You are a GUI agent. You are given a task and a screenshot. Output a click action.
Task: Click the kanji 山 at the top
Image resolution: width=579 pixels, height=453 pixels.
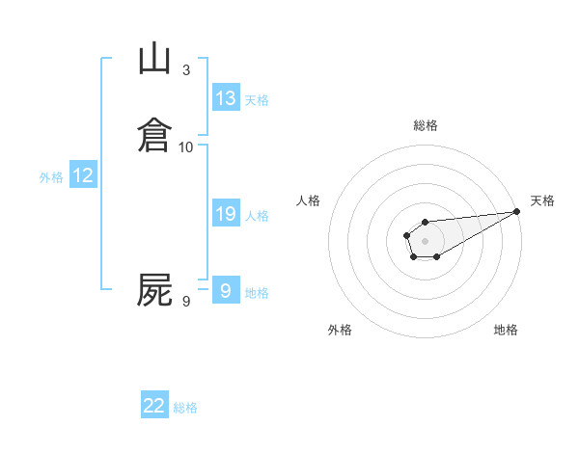point(154,60)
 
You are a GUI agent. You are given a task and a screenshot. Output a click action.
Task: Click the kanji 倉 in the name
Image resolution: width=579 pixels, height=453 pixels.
point(154,135)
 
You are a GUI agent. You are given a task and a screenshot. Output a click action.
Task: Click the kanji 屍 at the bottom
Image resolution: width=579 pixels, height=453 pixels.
point(154,290)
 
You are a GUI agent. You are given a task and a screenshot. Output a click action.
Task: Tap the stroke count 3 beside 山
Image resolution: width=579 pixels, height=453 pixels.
point(186,70)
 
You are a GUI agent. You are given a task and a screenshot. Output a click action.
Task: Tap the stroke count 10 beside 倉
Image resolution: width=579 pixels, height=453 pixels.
point(186,147)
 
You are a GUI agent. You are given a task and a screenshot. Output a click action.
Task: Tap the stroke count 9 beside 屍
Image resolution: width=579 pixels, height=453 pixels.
point(186,303)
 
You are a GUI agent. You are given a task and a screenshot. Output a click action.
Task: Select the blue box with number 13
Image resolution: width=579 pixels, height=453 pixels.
point(226,98)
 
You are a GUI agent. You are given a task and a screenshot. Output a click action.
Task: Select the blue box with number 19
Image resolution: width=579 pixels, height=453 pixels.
point(226,214)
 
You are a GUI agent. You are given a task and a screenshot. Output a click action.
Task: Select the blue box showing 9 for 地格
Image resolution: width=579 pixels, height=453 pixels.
point(226,291)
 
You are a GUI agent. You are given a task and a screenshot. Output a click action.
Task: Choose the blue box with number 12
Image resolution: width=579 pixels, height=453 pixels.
point(83,175)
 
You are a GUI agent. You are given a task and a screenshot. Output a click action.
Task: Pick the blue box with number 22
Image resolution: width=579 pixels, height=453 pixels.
point(154,406)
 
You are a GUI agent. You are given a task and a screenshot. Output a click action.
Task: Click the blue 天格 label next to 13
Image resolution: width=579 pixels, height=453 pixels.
point(256,100)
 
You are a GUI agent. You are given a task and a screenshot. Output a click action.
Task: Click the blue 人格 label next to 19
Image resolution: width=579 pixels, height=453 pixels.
point(256,216)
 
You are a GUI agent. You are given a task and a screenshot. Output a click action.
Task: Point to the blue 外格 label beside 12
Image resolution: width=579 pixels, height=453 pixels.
point(51,177)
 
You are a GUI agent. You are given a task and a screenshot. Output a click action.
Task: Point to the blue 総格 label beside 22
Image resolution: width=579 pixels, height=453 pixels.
point(185,408)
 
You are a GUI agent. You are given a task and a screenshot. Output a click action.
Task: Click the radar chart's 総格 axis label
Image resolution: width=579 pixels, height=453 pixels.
point(426,125)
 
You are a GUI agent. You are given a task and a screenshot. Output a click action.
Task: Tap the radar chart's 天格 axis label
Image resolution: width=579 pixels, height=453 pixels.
point(542,200)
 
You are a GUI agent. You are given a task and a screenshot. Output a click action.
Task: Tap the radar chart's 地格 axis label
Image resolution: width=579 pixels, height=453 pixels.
point(506,330)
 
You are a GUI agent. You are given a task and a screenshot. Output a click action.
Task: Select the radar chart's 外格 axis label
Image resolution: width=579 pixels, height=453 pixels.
point(340,330)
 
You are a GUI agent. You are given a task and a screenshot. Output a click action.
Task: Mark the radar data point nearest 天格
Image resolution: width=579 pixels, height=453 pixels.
point(516,211)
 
